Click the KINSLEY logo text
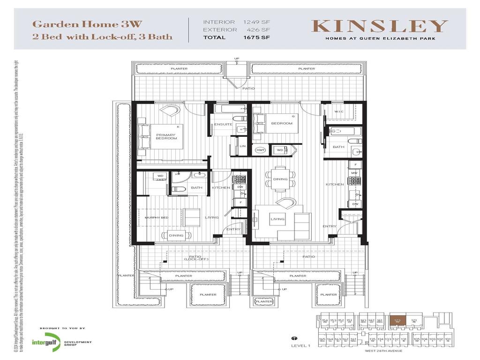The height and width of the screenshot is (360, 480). coord(380,26)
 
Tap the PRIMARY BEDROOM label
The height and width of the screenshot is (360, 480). coord(166,136)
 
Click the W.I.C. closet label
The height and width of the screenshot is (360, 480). coord(339,112)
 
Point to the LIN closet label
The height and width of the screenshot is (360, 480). coord(242,146)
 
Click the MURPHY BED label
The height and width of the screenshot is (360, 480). coord(157,217)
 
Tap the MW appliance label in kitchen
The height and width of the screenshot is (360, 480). coord(355,173)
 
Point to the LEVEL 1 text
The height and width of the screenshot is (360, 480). coord(300,346)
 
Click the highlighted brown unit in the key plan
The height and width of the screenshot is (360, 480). coord(397,321)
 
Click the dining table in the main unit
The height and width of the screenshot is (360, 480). coord(280,179)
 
